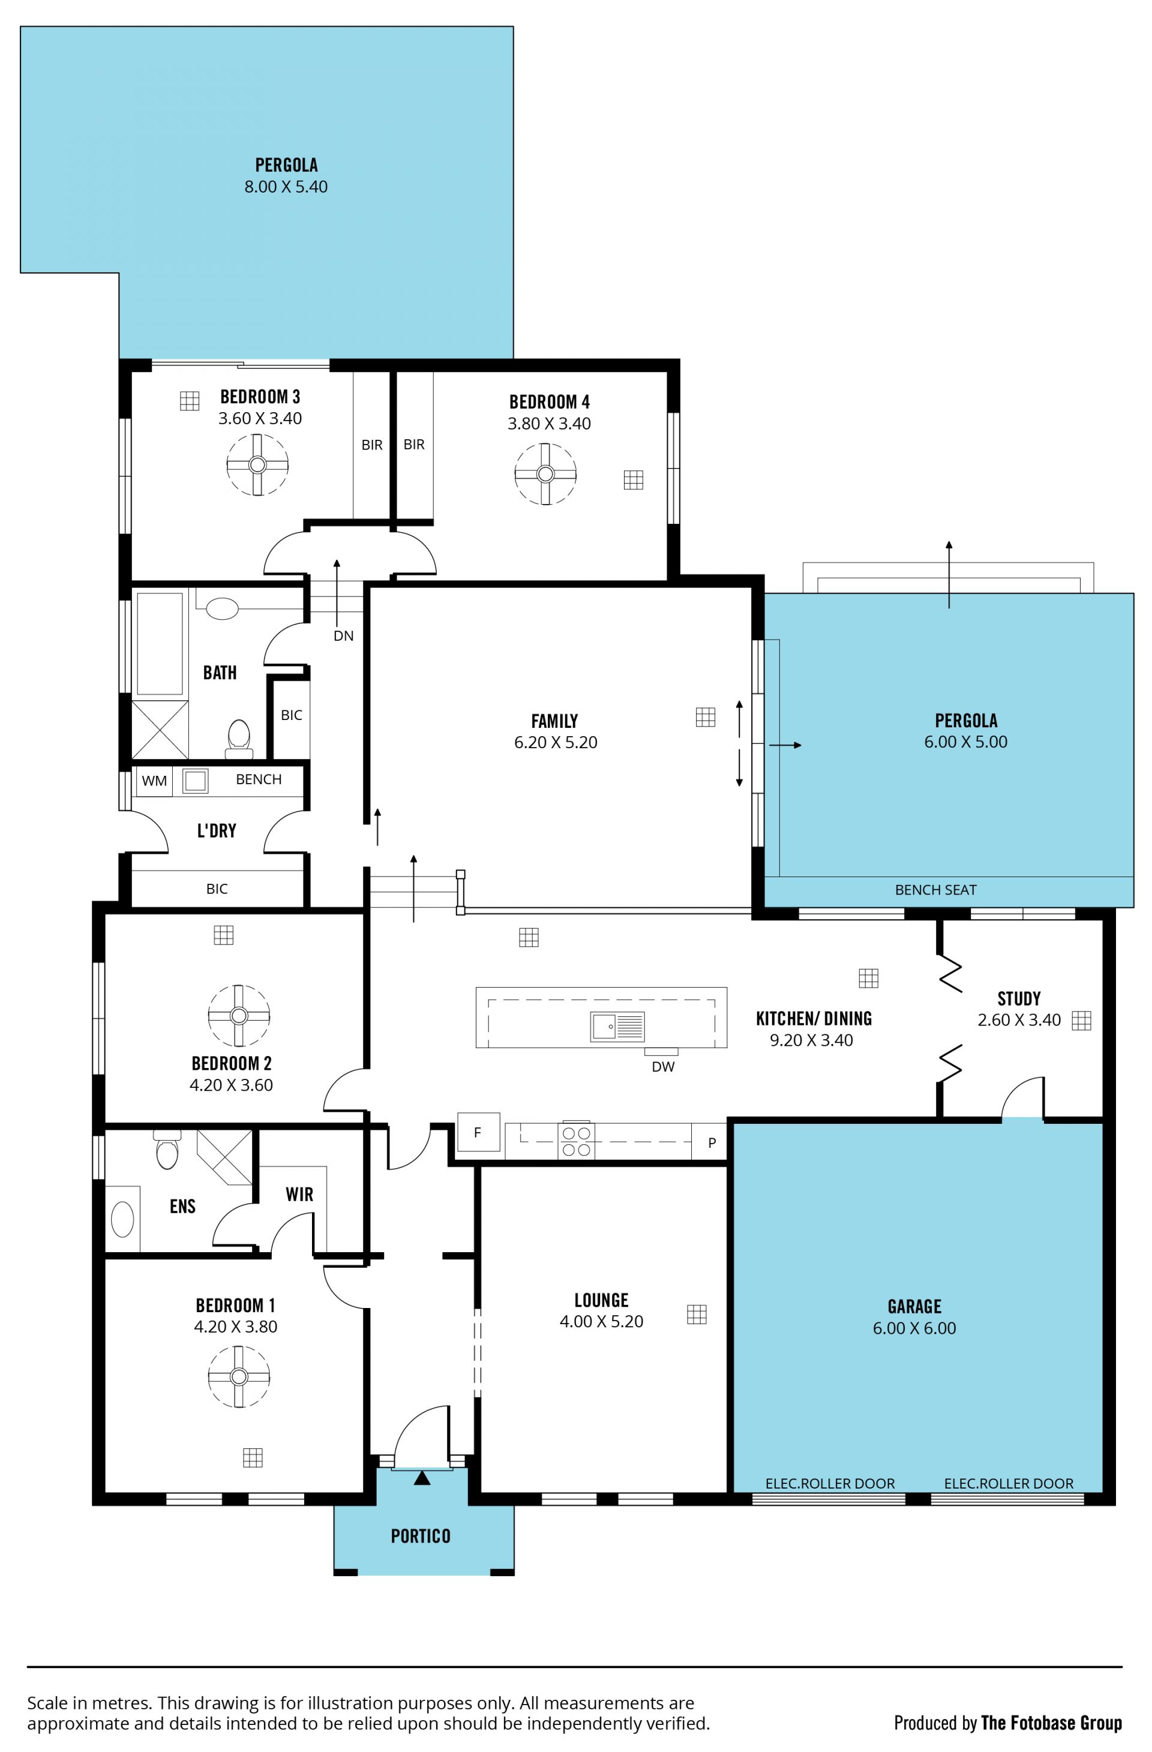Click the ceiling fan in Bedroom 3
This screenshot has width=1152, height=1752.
tap(257, 464)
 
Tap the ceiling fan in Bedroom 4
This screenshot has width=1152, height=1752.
tap(545, 473)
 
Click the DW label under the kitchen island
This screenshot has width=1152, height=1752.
tap(662, 1067)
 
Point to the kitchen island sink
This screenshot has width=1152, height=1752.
tap(617, 1026)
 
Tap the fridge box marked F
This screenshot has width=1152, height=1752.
tap(478, 1132)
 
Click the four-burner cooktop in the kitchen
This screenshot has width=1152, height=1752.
tap(575, 1140)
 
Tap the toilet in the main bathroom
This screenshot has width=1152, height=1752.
tap(238, 739)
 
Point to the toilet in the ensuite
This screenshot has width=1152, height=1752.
tap(167, 1149)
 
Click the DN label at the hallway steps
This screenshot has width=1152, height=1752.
tap(344, 636)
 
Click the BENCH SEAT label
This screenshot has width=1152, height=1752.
tap(935, 889)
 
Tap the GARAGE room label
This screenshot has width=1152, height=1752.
tap(914, 1307)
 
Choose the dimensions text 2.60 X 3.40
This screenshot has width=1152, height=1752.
tap(1019, 1019)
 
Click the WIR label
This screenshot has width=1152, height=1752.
tap(299, 1194)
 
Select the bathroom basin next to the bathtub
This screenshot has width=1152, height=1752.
tap(221, 609)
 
